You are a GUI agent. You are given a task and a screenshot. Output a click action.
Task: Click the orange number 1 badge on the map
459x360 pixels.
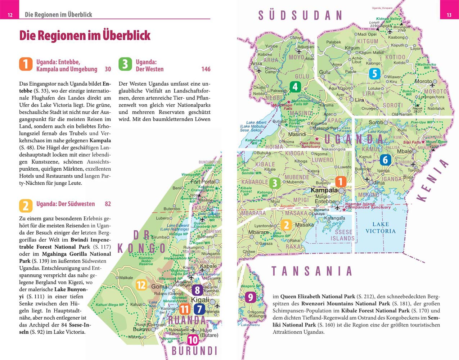[341, 181]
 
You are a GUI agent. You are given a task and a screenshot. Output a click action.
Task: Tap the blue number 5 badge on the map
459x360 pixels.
[374, 74]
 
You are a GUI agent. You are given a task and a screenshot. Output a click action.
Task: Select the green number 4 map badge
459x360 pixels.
[295, 86]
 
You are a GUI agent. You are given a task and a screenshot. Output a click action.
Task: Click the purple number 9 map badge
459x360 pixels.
[250, 297]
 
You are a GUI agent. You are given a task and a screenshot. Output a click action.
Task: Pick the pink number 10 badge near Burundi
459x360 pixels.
[193, 340]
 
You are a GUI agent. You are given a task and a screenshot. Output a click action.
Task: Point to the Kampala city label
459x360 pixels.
[324, 190]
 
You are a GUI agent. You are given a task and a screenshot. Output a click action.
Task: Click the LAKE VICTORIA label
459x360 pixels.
[381, 228]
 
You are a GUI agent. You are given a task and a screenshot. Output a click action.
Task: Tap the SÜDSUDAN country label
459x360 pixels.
[300, 15]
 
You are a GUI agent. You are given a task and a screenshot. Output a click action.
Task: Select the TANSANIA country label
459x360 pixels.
[312, 271]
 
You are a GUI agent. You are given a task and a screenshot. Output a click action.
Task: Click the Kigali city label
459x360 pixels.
[200, 300]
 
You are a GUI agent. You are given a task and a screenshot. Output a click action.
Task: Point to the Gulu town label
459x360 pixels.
[325, 72]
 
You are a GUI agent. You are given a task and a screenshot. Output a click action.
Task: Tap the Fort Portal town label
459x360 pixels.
[202, 181]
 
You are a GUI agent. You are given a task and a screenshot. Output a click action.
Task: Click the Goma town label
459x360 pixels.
[159, 287]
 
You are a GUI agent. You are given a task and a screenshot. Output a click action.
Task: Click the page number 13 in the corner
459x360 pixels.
[449, 15]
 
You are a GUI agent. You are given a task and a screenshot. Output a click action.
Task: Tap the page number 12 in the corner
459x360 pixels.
[10, 15]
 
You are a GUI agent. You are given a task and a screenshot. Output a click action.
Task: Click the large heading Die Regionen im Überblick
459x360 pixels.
[85, 36]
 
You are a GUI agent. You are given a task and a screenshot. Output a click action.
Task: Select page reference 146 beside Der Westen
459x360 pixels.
[206, 69]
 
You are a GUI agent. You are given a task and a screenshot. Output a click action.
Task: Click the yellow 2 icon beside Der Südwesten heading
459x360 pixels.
[26, 206]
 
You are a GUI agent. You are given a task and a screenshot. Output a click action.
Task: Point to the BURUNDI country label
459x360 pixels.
[194, 351]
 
